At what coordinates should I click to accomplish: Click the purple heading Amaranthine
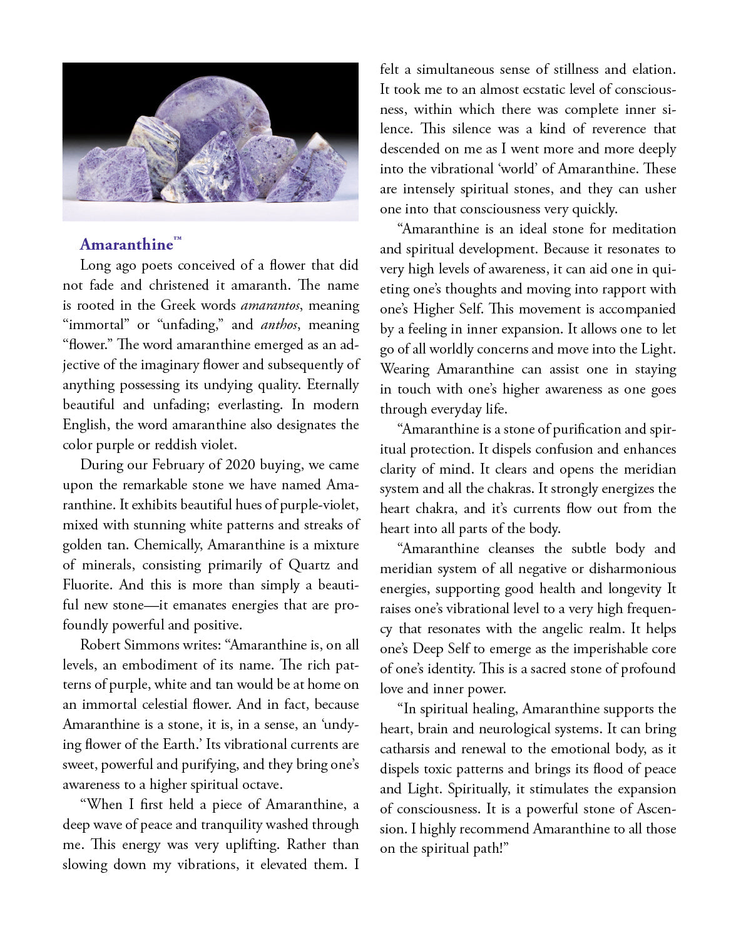(126, 244)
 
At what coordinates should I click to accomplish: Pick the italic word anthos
(279, 325)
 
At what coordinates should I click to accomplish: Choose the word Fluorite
(86, 585)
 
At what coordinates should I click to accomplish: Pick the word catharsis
(405, 749)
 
